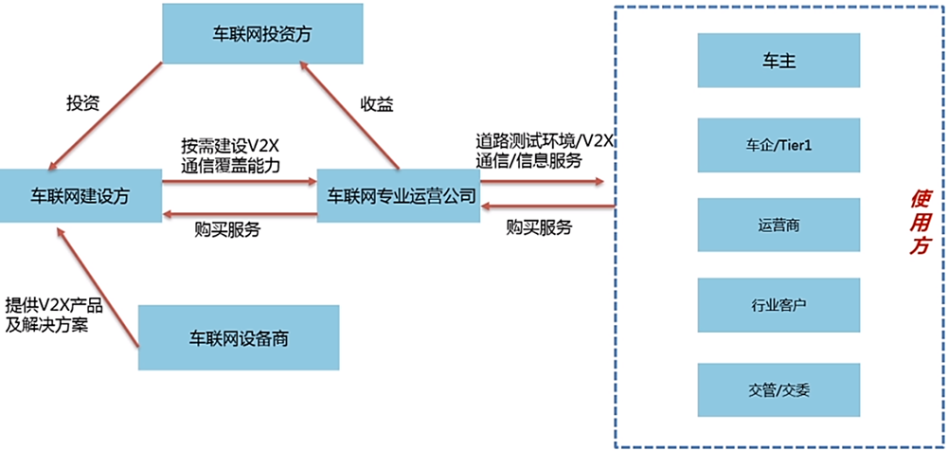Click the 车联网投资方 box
click(x=262, y=33)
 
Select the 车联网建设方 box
click(x=80, y=196)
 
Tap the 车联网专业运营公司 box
click(x=402, y=196)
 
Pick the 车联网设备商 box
click(x=238, y=337)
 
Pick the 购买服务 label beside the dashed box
click(x=539, y=227)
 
